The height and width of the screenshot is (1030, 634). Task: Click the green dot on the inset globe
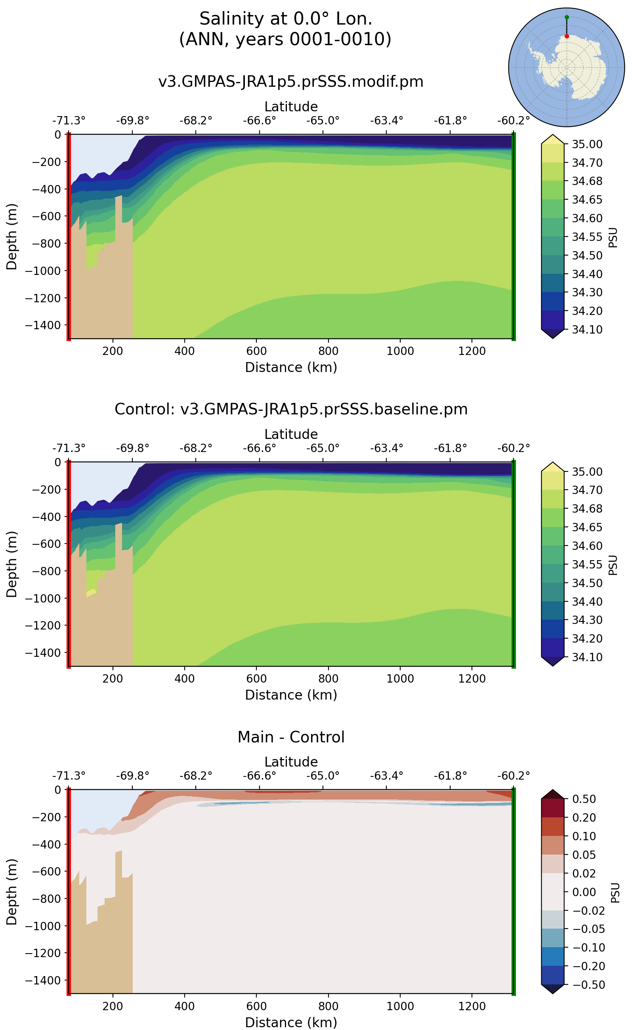[x=567, y=17]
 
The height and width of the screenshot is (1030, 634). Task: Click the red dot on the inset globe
[x=567, y=36]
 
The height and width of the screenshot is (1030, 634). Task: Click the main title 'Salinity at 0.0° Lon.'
[x=286, y=19]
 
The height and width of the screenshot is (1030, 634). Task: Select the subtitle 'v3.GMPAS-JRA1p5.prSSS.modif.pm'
[x=290, y=81]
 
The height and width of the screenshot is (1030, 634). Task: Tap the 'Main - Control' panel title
[x=291, y=737]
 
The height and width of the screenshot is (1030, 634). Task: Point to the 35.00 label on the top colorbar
[x=587, y=144]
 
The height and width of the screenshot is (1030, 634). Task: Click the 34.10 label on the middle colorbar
[x=587, y=657]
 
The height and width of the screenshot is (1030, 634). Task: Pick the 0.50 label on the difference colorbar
[x=584, y=799]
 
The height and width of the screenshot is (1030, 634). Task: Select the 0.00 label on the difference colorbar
[x=584, y=892]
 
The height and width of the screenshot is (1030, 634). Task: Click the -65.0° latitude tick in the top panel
[x=323, y=121]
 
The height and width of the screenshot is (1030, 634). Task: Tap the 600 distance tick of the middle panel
[x=256, y=679]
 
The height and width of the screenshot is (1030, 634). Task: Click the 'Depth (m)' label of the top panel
[x=12, y=237]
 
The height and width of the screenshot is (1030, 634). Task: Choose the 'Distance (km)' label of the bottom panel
[x=291, y=1022]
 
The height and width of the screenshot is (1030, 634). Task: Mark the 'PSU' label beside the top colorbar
[x=613, y=238]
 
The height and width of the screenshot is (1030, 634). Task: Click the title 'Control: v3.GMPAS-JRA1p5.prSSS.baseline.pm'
[x=291, y=409]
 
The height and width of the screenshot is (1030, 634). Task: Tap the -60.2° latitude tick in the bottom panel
[x=514, y=776]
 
